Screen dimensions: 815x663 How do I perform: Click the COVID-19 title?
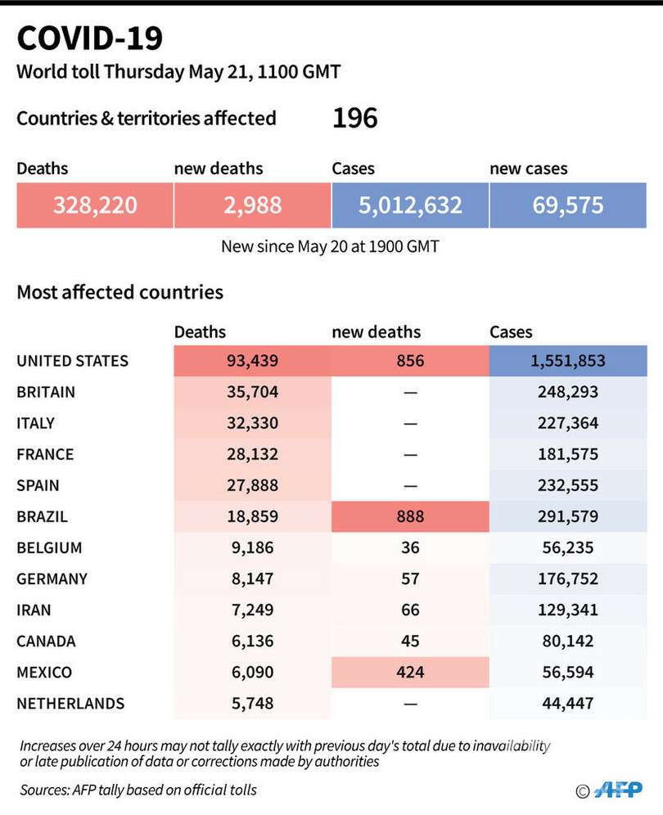click(90, 38)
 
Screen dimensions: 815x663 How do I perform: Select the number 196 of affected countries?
click(354, 119)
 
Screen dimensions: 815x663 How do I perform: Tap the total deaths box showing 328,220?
click(94, 205)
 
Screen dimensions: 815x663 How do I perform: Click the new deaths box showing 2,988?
click(252, 205)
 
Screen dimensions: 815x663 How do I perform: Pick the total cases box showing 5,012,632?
click(410, 205)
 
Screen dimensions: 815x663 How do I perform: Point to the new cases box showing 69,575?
click(568, 205)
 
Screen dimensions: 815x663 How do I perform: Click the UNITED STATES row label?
click(73, 361)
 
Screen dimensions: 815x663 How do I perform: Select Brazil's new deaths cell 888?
click(410, 516)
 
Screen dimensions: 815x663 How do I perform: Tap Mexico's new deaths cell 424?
click(410, 672)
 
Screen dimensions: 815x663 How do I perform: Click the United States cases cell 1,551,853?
click(568, 361)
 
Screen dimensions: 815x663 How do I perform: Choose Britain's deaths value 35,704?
click(252, 392)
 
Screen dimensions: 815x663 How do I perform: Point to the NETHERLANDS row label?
click(70, 703)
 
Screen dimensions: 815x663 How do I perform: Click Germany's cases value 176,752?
click(568, 579)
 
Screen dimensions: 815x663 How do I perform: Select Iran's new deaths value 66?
click(410, 610)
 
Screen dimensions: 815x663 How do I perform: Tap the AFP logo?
click(619, 790)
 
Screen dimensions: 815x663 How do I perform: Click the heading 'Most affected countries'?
click(120, 292)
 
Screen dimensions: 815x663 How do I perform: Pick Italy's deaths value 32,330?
click(252, 423)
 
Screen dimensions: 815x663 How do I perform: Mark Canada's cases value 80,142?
click(568, 641)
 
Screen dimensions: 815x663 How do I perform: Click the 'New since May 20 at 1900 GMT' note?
click(330, 246)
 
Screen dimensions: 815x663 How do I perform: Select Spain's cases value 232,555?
click(568, 485)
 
